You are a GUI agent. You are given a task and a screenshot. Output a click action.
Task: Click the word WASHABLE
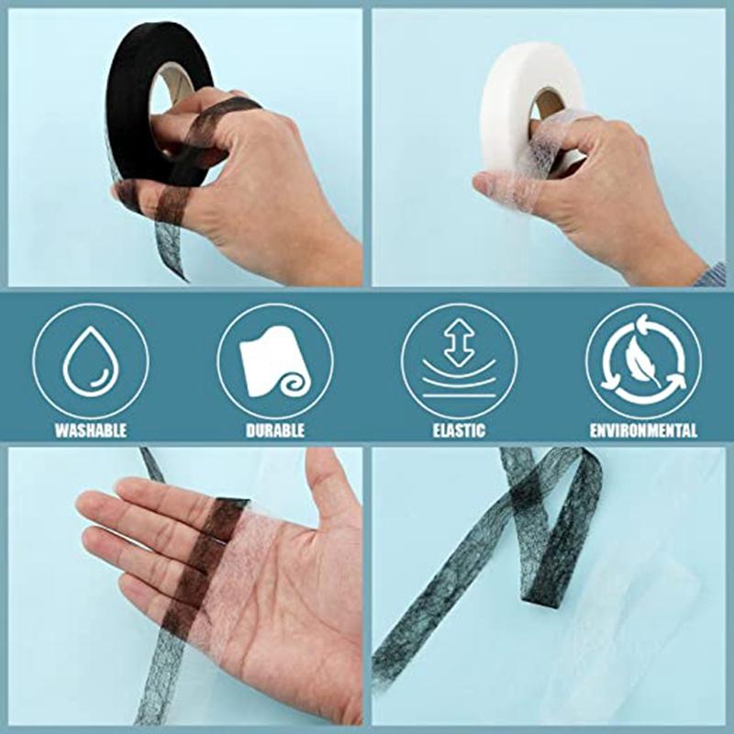tap(91, 429)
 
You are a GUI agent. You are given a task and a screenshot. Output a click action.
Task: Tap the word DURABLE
tap(274, 429)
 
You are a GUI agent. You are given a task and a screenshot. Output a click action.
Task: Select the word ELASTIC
tap(459, 429)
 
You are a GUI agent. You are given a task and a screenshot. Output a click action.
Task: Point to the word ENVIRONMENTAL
tap(643, 429)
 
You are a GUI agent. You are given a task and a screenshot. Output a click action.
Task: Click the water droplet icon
tap(90, 363)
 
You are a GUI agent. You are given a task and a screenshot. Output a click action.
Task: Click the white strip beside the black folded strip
tap(633, 587)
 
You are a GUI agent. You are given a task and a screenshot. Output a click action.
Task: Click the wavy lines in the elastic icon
tap(458, 379)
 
